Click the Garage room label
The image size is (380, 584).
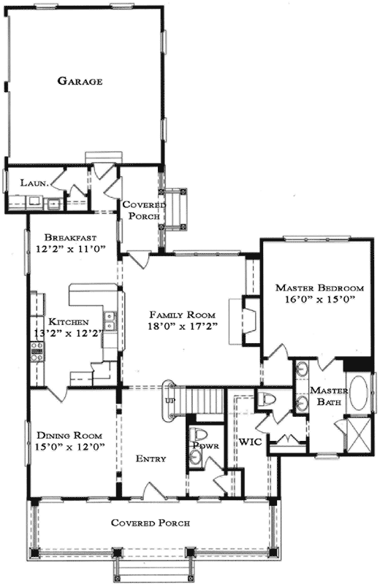point(80,81)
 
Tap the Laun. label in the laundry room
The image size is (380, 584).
point(34,183)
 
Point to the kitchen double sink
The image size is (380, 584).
point(109,321)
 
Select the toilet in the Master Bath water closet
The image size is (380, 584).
point(266,401)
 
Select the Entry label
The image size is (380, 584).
point(151,459)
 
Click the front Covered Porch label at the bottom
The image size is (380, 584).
point(151,523)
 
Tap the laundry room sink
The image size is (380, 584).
point(54,204)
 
